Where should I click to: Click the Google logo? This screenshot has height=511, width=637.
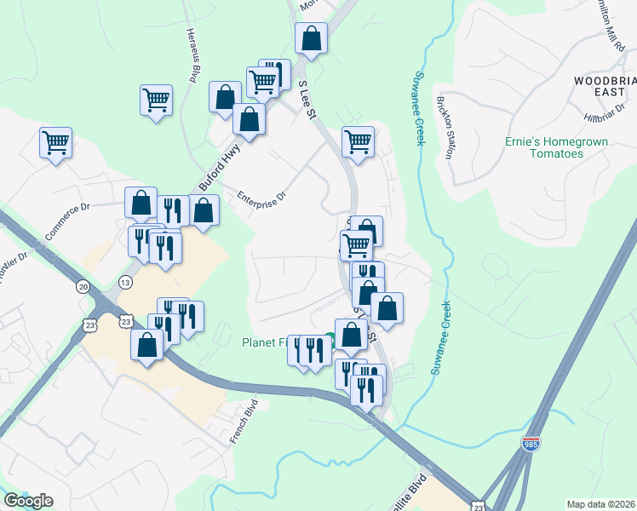[28, 501]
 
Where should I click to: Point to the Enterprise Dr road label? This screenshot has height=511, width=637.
[262, 194]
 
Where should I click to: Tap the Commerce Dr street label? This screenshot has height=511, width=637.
[67, 222]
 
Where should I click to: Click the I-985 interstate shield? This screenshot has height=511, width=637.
[531, 445]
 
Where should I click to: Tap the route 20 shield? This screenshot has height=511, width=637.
[83, 287]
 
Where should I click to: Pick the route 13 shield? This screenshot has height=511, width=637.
[126, 282]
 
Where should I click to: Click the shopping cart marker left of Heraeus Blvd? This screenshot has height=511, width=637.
[157, 100]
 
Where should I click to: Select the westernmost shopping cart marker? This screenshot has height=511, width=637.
[56, 142]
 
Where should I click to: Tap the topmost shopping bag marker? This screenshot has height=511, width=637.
[311, 38]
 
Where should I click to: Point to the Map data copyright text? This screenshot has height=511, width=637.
[601, 504]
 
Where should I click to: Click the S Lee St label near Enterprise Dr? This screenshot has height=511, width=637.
[307, 100]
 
